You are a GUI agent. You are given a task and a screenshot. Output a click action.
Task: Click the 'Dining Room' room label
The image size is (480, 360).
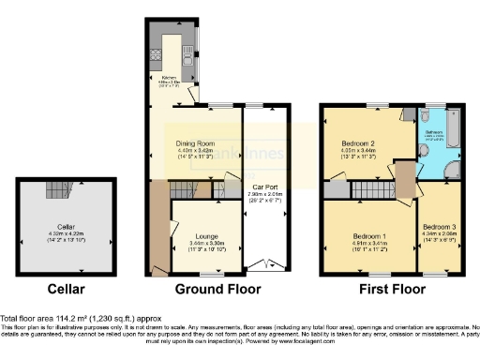(196, 142)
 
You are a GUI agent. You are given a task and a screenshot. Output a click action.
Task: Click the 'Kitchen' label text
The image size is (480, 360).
(169, 77)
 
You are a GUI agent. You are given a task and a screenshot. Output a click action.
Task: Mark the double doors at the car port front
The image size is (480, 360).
(267, 264)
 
